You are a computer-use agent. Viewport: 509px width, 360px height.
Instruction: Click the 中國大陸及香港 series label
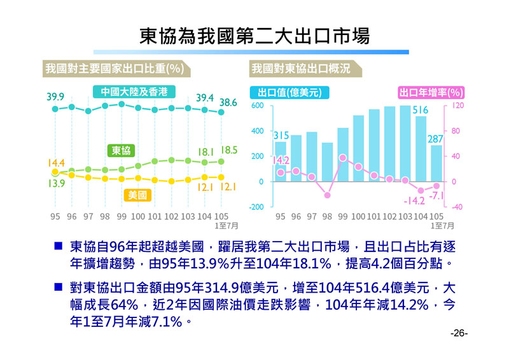tap(134, 92)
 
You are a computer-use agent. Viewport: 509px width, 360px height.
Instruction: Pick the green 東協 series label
tap(122, 151)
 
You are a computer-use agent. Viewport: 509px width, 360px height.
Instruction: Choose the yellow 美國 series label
tap(137, 195)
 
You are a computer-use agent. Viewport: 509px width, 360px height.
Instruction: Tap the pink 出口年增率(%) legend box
tap(431, 92)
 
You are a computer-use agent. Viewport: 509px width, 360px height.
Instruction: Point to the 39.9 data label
tap(55, 97)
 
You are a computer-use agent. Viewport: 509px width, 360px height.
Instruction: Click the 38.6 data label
tap(228, 102)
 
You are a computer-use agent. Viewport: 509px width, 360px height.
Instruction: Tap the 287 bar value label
tap(435, 139)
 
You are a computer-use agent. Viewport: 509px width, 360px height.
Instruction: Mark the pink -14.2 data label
tap(414, 201)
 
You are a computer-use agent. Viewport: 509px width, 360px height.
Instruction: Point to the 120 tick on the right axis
tap(457, 106)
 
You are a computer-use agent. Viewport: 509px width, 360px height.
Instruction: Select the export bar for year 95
tap(281, 161)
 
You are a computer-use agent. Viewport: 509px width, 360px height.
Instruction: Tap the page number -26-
tap(459, 333)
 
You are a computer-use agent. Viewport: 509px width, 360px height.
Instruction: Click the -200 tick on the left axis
tap(256, 207)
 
